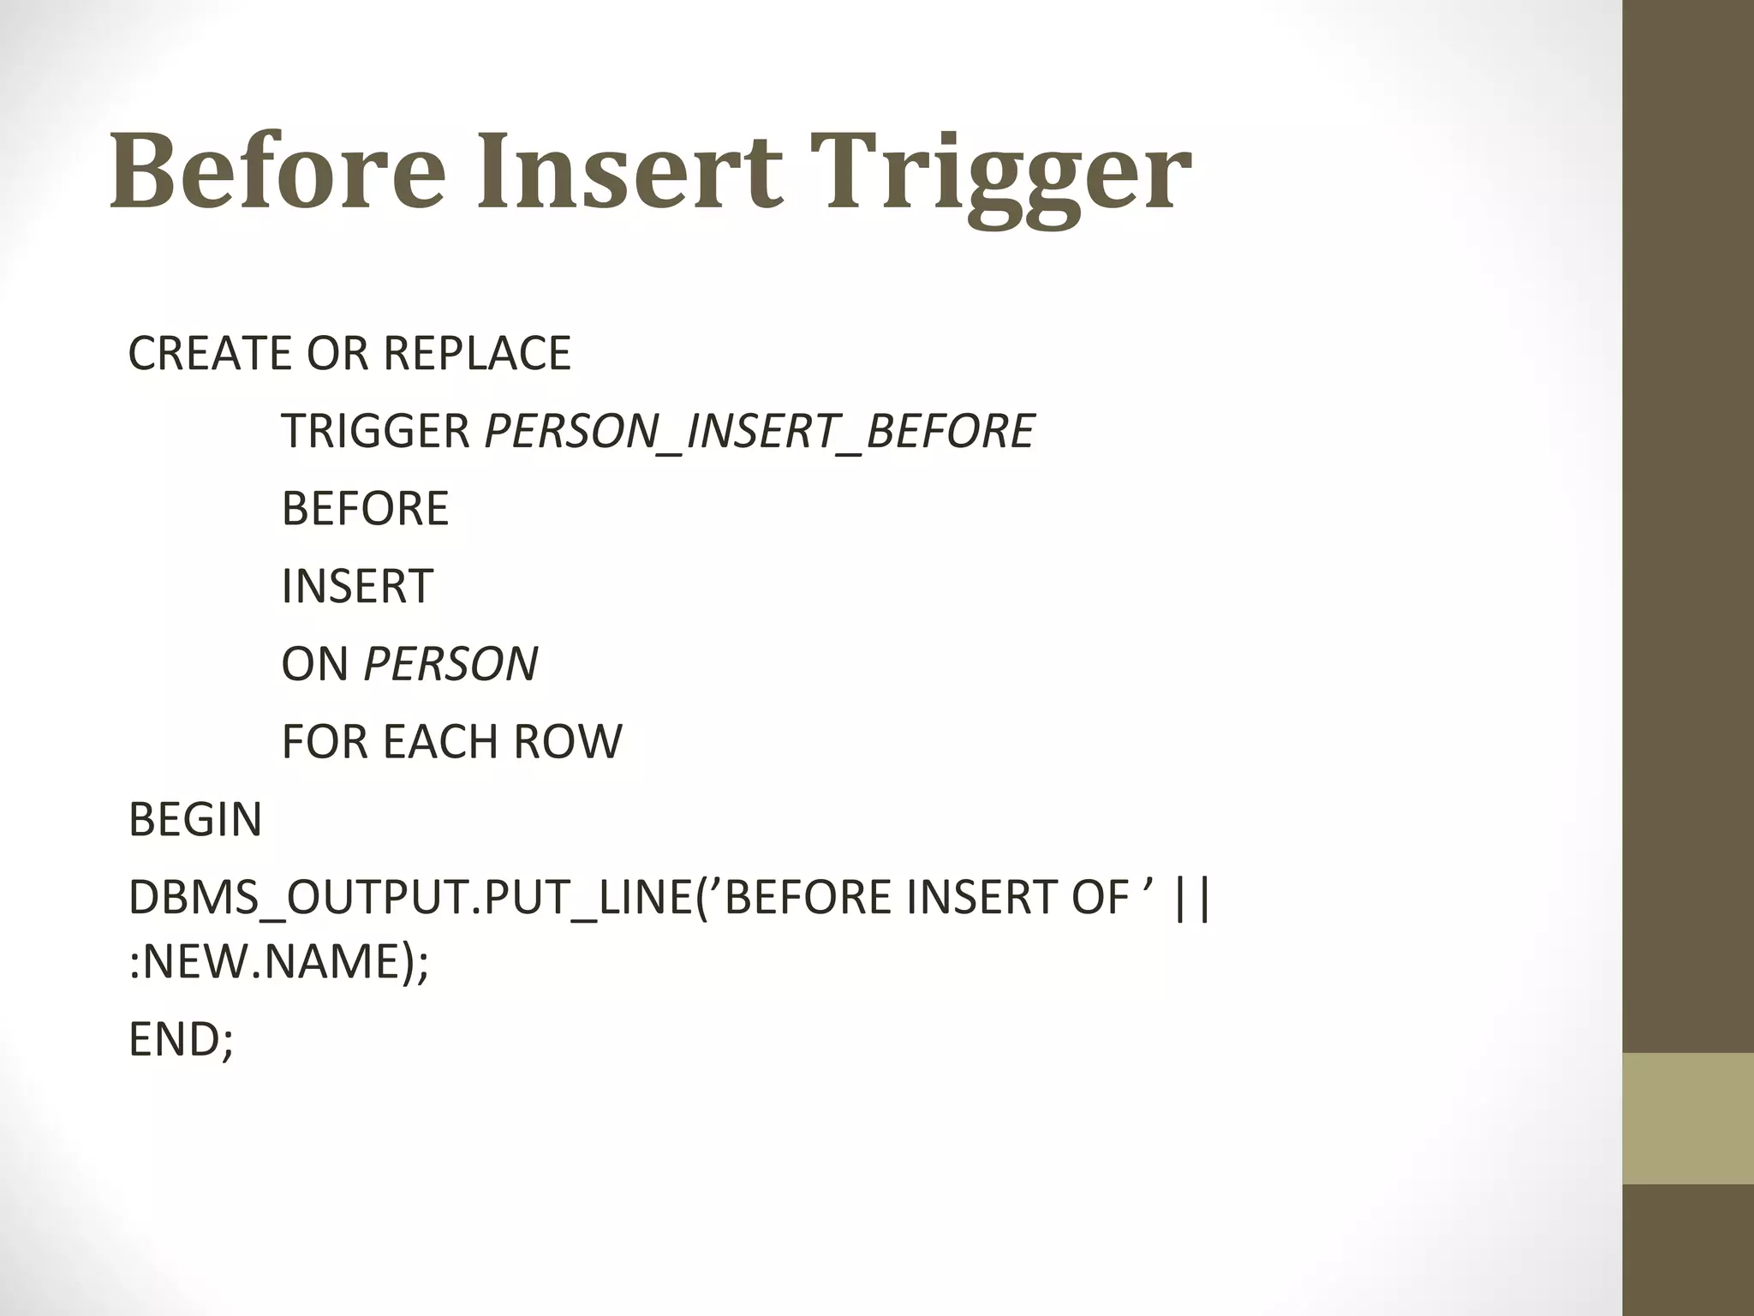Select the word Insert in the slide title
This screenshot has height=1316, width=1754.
coord(629,171)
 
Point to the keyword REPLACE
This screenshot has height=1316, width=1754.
coord(476,353)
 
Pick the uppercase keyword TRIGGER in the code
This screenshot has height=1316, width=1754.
coord(375,431)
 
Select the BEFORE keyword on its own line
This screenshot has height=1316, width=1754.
coord(365,508)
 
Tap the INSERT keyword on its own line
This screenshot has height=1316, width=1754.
coord(357,586)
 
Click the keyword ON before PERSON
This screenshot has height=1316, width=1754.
coord(315,664)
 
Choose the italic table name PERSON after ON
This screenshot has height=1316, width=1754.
coord(451,664)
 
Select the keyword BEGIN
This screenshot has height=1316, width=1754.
coord(195,820)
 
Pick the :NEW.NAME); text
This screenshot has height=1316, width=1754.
coord(277,961)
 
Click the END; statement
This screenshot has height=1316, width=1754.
coord(181,1039)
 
